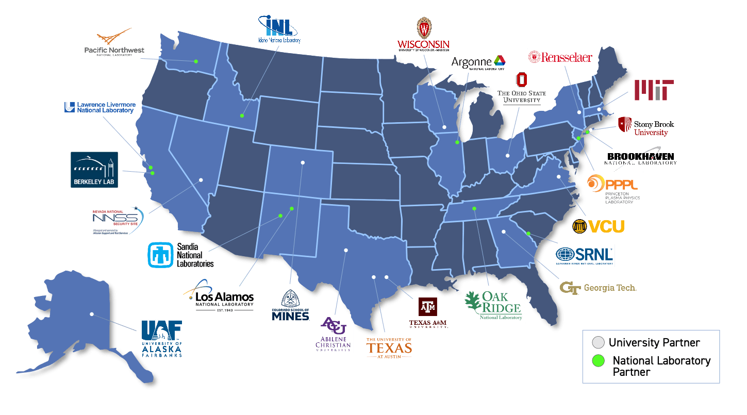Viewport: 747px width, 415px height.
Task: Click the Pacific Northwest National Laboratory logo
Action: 114,42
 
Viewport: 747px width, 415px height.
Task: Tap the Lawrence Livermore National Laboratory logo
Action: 100,107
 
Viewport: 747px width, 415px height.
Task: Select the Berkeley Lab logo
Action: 94,170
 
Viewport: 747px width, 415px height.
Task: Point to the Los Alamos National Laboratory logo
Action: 219,294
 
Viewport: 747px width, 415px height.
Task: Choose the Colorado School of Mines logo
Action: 289,305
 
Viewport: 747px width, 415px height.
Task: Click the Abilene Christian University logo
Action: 333,334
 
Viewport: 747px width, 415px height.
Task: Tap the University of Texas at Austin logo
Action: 389,348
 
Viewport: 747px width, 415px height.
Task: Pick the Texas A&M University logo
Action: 428,313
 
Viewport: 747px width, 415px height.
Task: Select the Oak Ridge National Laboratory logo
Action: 492,305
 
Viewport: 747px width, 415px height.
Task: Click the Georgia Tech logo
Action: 598,288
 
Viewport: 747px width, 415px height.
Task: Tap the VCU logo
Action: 599,226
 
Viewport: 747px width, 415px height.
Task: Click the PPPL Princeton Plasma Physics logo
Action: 613,189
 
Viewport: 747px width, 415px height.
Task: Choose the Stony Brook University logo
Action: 646,126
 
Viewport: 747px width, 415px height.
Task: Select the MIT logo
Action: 653,90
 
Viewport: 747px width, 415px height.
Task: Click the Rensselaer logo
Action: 560,57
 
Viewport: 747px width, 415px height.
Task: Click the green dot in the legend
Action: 598,360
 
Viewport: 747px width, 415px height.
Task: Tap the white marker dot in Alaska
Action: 91,313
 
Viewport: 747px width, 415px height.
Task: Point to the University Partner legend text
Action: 654,343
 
